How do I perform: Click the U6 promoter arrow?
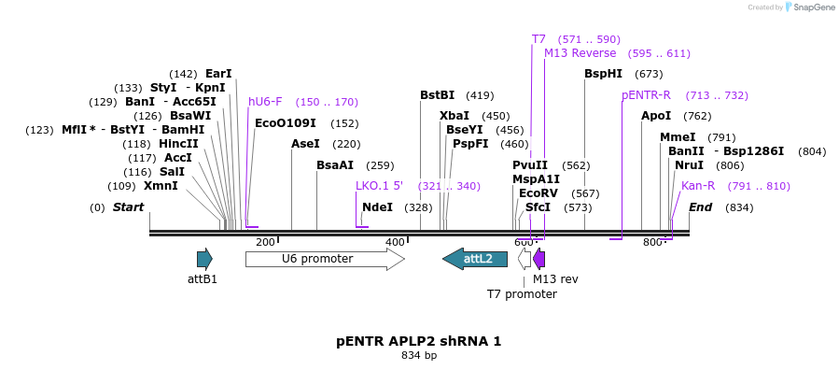(x=324, y=259)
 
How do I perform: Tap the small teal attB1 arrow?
(x=204, y=259)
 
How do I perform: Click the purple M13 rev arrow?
(x=538, y=259)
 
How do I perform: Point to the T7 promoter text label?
(x=522, y=294)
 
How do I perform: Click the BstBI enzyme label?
(x=437, y=95)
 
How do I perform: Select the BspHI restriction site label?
(x=603, y=74)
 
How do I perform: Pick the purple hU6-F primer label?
(x=265, y=102)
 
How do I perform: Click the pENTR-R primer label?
(x=646, y=95)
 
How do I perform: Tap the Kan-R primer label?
(x=698, y=186)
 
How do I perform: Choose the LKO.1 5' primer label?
(x=379, y=186)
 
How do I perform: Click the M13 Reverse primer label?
(x=580, y=53)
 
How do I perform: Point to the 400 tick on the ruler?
(x=395, y=243)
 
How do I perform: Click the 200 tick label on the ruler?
(x=265, y=243)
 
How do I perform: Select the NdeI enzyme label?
(x=377, y=207)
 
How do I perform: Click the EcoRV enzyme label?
(x=538, y=193)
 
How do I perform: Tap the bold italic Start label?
(x=128, y=207)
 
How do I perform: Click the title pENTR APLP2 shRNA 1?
(x=419, y=341)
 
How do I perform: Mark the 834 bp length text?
(x=419, y=356)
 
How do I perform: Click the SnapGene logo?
(x=810, y=7)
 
